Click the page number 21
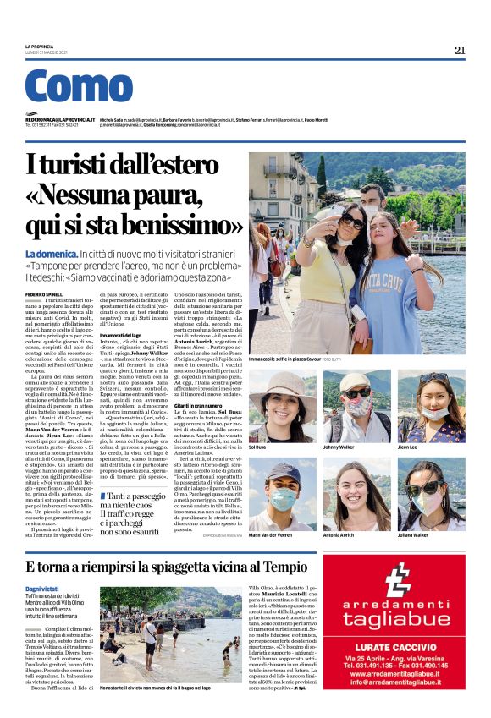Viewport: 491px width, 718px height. [x=460, y=50]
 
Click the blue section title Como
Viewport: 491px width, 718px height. [x=79, y=86]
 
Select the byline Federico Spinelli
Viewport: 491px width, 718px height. [x=46, y=293]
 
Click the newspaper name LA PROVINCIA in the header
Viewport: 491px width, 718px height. [x=41, y=46]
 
